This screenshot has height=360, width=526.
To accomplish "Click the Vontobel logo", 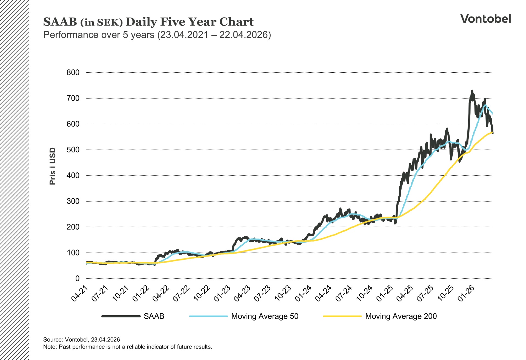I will pyautogui.click(x=485, y=19).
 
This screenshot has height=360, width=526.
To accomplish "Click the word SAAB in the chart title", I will pyautogui.click(x=60, y=22).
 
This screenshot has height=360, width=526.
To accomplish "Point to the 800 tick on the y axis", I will pyautogui.click(x=73, y=72).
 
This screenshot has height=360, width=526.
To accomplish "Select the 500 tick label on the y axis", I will pyautogui.click(x=73, y=150).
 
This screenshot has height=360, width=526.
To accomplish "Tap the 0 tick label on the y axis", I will pyautogui.click(x=77, y=279).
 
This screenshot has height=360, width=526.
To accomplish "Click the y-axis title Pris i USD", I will pyautogui.click(x=53, y=166).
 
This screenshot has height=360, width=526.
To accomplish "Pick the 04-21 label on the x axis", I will pyautogui.click(x=80, y=294).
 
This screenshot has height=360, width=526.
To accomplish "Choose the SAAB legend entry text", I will pyautogui.click(x=154, y=316).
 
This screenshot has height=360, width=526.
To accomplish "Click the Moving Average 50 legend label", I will pyautogui.click(x=265, y=316).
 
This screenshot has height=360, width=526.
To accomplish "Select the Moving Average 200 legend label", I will pyautogui.click(x=401, y=316).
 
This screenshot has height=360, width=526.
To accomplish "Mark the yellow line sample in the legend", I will pyautogui.click(x=342, y=316).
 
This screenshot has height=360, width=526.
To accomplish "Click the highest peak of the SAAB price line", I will pyautogui.click(x=472, y=91).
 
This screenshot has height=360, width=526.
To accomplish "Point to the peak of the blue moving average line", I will pyautogui.click(x=485, y=105).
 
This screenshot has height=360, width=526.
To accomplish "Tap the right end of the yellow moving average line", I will pyautogui.click(x=492, y=132).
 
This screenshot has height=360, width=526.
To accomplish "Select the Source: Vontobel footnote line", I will pyautogui.click(x=81, y=339).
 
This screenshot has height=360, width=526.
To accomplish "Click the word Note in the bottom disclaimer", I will pyautogui.click(x=50, y=347).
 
